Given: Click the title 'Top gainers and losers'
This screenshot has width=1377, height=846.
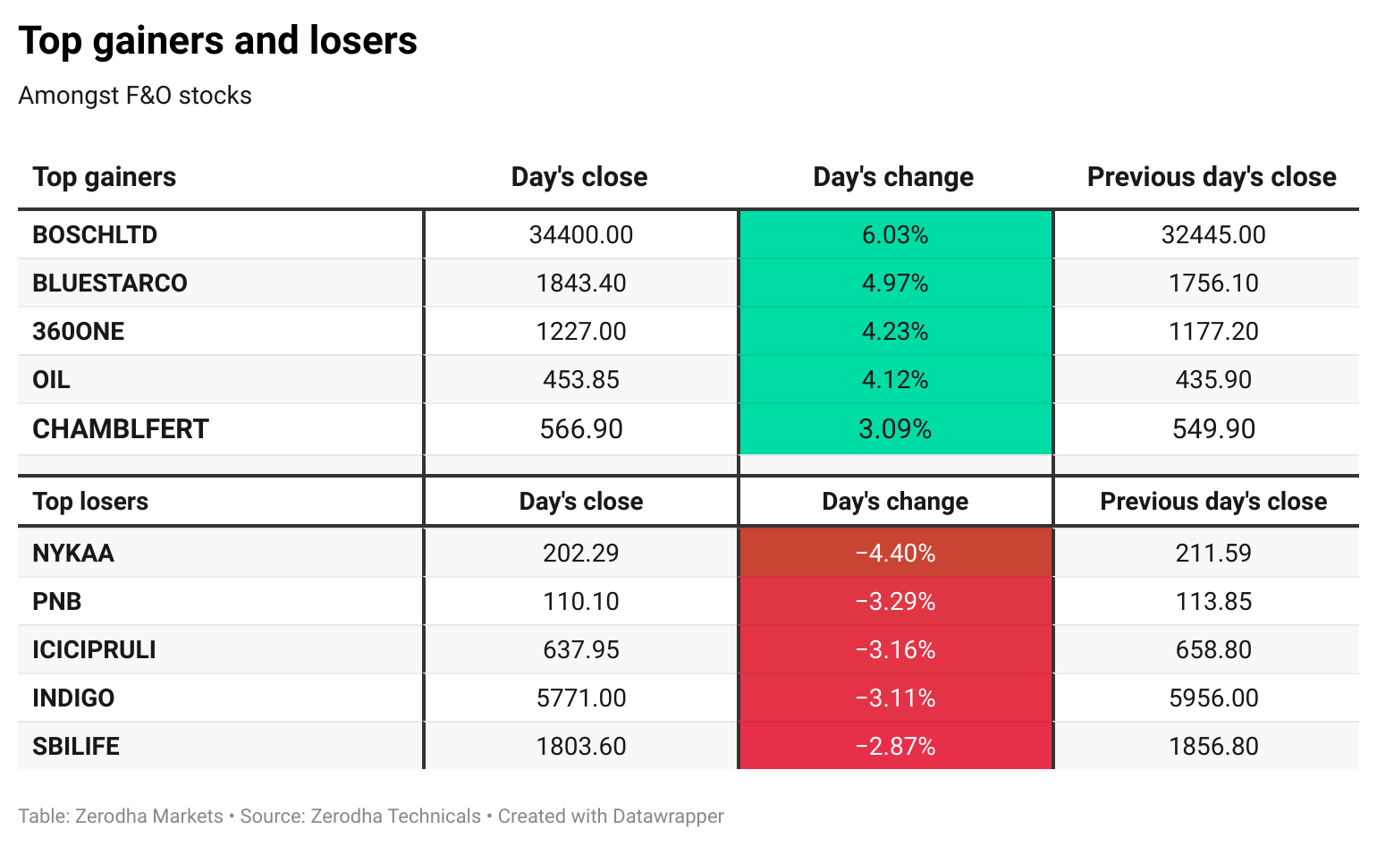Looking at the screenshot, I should (217, 41).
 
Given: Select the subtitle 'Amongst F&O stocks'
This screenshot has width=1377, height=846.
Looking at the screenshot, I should (135, 96).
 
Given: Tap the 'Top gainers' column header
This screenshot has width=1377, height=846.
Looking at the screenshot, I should (105, 177).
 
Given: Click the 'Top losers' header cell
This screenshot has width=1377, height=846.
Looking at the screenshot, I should (90, 501).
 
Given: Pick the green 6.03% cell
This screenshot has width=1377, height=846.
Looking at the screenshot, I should (895, 234).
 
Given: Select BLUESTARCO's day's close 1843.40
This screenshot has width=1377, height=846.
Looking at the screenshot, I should (581, 283).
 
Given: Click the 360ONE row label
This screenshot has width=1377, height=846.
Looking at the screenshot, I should (79, 332).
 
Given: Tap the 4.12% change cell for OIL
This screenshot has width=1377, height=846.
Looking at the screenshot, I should (895, 380).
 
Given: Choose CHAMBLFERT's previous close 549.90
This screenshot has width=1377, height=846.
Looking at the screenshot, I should (1213, 429).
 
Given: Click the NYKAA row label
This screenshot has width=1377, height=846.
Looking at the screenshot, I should (73, 554).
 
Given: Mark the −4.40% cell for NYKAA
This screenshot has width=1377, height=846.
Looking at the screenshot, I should (895, 554).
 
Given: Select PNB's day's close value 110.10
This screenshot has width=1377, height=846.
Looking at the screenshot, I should (581, 602).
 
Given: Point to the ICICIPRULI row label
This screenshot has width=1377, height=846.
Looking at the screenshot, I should (94, 650).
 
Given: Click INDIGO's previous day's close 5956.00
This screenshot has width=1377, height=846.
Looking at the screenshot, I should (1213, 698).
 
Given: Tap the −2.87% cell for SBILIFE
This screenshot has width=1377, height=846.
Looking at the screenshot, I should (895, 747).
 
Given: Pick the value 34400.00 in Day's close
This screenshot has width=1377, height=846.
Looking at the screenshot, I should (581, 234).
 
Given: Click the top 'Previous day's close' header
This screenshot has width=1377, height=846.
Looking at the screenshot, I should (1212, 177).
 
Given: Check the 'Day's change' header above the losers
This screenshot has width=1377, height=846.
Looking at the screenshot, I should (895, 501).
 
